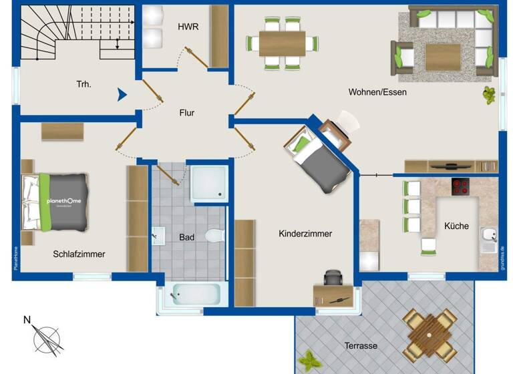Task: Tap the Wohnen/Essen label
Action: tap(377, 92)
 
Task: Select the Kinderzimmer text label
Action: tap(305, 234)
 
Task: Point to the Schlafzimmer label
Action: tap(79, 254)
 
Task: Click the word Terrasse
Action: tap(361, 346)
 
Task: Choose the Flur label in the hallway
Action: tap(187, 113)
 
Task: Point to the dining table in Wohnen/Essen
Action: tap(282, 43)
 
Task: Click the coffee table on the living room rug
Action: tap(442, 56)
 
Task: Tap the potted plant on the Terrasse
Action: tap(309, 361)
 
